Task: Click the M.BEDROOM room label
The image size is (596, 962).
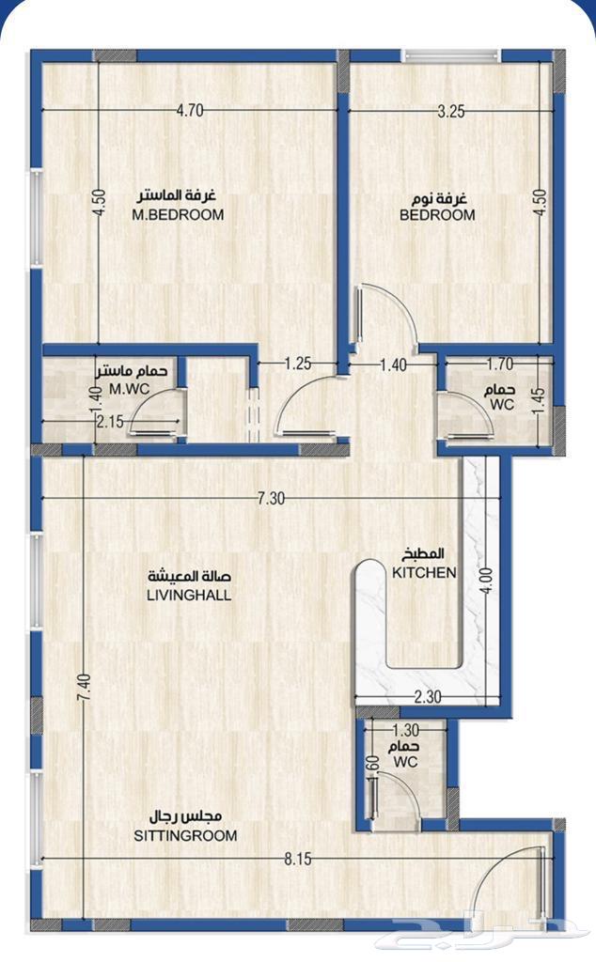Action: pyautogui.click(x=178, y=214)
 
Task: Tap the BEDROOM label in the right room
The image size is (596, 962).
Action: pyautogui.click(x=437, y=214)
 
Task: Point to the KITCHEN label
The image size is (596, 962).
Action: pyautogui.click(x=424, y=572)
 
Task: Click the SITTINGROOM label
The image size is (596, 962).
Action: pyautogui.click(x=186, y=835)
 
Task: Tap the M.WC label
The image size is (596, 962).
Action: pyautogui.click(x=125, y=389)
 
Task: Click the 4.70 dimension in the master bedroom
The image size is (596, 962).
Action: pyautogui.click(x=190, y=111)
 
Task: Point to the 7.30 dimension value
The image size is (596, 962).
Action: pyautogui.click(x=270, y=499)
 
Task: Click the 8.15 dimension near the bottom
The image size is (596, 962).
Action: pyautogui.click(x=297, y=858)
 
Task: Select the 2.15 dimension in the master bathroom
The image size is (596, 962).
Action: pyautogui.click(x=109, y=422)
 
